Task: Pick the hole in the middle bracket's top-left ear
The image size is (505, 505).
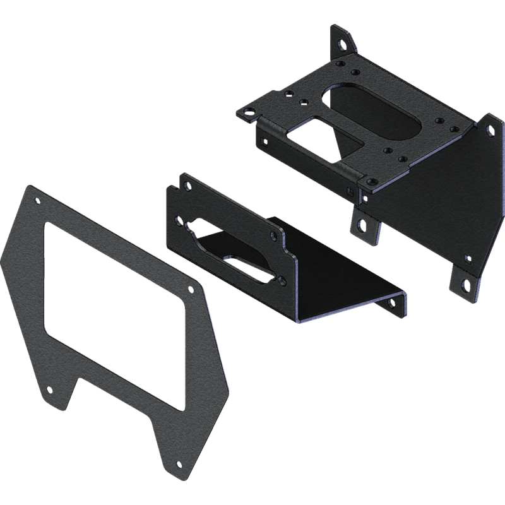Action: point(187,184)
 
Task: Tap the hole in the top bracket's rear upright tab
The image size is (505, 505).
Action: point(342,45)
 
